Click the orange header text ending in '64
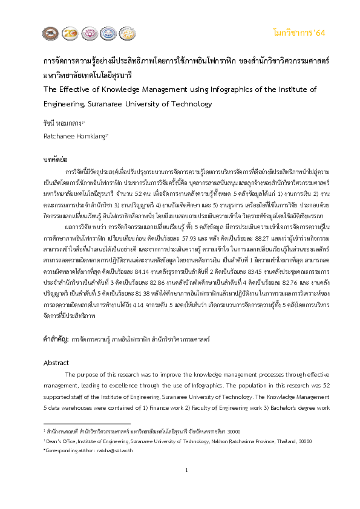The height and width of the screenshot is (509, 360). (x=299, y=32)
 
